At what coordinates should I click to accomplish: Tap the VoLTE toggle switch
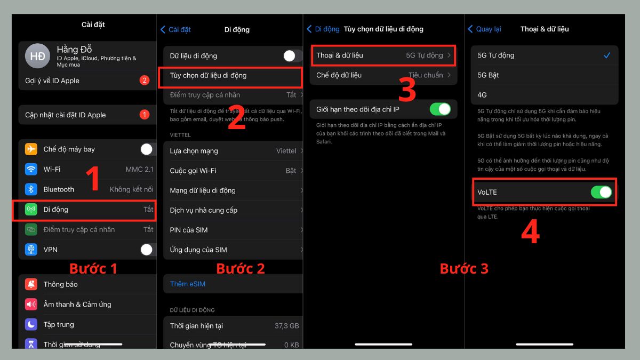pyautogui.click(x=601, y=192)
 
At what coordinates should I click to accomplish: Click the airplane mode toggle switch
pyautogui.click(x=146, y=149)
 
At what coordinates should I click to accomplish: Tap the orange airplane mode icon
pyautogui.click(x=31, y=149)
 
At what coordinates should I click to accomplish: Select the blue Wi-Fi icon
pyautogui.click(x=31, y=170)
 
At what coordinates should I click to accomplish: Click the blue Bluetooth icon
pyautogui.click(x=31, y=189)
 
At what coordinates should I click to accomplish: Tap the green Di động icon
pyautogui.click(x=31, y=210)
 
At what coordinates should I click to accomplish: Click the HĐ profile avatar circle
pyautogui.click(x=37, y=56)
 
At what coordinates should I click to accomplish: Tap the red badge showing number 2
pyautogui.click(x=144, y=81)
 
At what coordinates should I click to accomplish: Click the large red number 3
pyautogui.click(x=407, y=90)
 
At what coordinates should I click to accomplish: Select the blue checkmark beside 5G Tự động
pyautogui.click(x=606, y=55)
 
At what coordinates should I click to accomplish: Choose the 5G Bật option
pyautogui.click(x=489, y=75)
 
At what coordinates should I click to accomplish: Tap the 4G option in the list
pyautogui.click(x=482, y=95)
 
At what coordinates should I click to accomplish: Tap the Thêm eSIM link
pyautogui.click(x=187, y=284)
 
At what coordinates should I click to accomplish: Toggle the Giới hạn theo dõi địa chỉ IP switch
pyautogui.click(x=440, y=109)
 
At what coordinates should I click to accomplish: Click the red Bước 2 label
pyautogui.click(x=241, y=268)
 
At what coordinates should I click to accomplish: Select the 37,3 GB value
pyautogui.click(x=286, y=325)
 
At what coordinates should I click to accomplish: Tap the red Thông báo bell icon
pyautogui.click(x=31, y=284)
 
